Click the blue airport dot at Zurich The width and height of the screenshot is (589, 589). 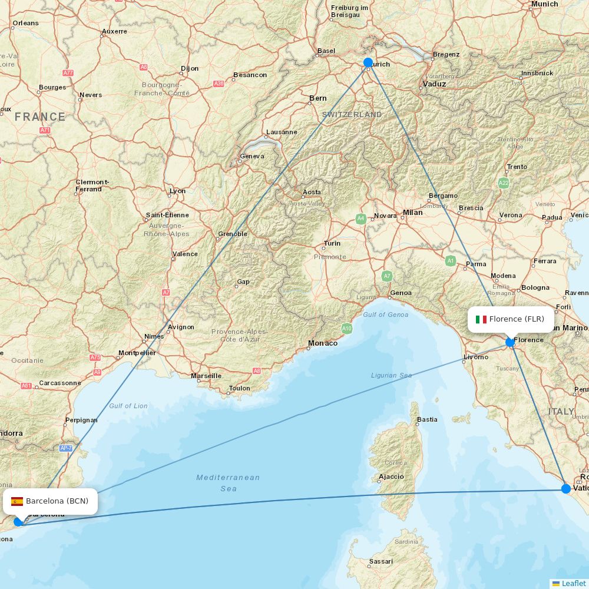[x=368, y=62]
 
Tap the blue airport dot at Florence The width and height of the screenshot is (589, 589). [x=510, y=342]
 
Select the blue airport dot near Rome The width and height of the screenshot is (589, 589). [x=566, y=488]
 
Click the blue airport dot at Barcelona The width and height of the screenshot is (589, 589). [x=18, y=521]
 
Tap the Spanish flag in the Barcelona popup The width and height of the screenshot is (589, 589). [x=17, y=501]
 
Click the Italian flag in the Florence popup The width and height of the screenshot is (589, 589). [x=481, y=319]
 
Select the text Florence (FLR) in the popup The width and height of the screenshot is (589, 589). [x=517, y=319]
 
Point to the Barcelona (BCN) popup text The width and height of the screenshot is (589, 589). [x=57, y=501]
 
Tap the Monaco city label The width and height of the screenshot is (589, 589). [x=323, y=343]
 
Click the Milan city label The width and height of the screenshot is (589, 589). [x=412, y=213]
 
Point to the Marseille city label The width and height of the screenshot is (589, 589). [x=206, y=376]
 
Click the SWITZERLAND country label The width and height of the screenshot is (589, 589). [x=352, y=114]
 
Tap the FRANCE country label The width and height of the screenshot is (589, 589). [x=40, y=117]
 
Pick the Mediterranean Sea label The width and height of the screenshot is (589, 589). [x=228, y=483]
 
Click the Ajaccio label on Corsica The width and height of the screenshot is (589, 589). [x=391, y=477]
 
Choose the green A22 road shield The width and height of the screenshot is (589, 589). [x=504, y=183]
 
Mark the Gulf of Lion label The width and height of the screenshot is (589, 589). [x=128, y=406]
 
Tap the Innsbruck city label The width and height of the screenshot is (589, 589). [x=537, y=73]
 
